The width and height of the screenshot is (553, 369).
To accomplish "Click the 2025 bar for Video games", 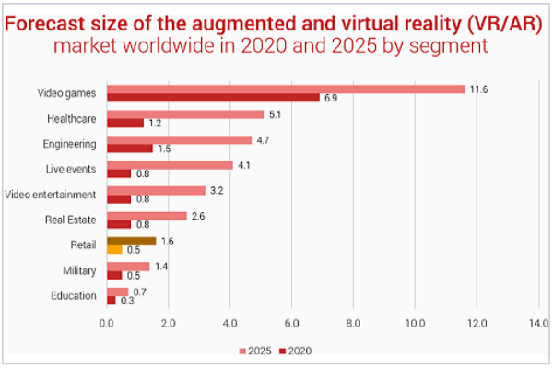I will coord(286,89).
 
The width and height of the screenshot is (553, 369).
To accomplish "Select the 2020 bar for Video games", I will coord(213,98).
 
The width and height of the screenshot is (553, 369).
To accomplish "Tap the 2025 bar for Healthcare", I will coord(185,114).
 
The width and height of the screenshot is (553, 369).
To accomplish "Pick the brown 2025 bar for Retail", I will coord(132,241).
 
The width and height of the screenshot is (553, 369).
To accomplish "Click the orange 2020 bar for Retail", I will coord(114,250).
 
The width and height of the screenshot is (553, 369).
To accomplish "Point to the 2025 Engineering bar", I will coord(179,140).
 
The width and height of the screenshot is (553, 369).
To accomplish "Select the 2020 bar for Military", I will coord(114,275).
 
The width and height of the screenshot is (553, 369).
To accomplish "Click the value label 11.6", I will coord(478,89).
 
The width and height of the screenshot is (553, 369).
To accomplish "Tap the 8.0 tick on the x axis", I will coord(353,325).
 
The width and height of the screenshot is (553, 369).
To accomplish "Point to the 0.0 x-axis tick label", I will coord(107,325).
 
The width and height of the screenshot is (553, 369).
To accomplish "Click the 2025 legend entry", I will coord(254,351).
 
